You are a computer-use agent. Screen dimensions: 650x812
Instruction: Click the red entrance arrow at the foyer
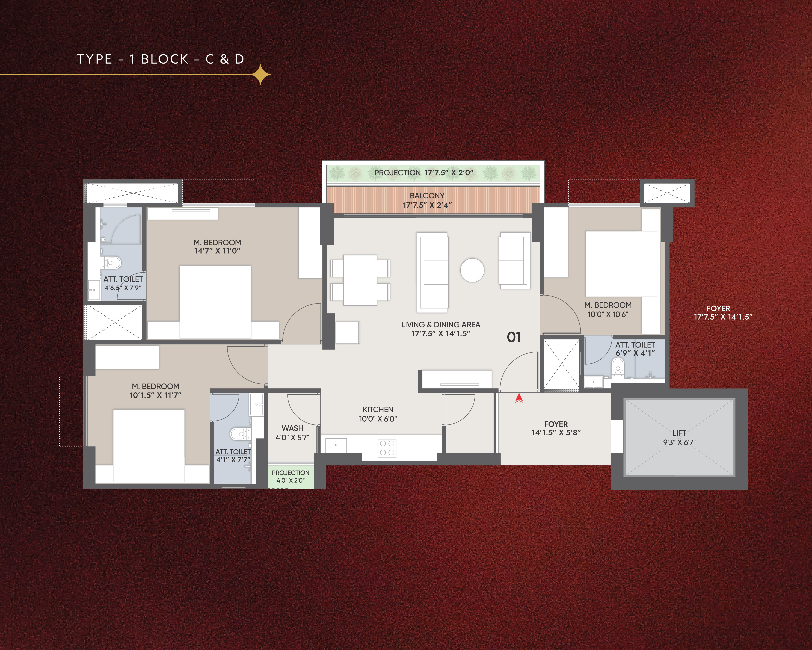(x=519, y=398)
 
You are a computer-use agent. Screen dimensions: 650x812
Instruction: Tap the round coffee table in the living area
(x=472, y=270)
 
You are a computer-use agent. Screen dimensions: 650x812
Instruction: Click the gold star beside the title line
(x=261, y=75)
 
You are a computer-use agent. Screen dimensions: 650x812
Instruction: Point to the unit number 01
(x=514, y=337)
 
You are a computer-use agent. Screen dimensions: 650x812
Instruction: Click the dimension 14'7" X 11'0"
(x=217, y=251)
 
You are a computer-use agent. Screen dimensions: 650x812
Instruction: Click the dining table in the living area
(x=360, y=280)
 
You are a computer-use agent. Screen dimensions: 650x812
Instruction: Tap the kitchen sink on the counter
(x=336, y=445)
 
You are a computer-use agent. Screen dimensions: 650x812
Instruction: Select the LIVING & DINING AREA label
(x=440, y=324)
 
